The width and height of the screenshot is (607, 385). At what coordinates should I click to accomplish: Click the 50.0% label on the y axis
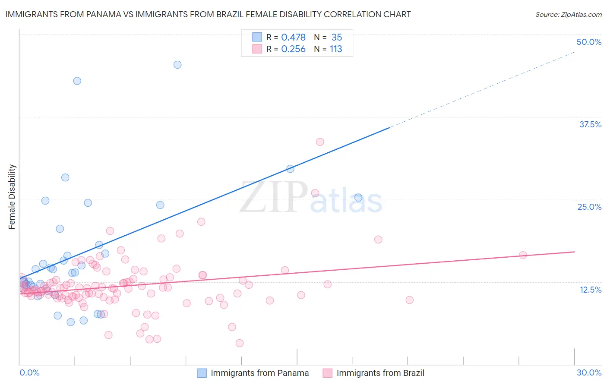(x=589, y=42)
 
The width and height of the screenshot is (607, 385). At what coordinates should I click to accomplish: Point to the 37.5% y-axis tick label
(x=590, y=124)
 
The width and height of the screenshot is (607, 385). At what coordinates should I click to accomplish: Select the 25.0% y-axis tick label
(x=589, y=207)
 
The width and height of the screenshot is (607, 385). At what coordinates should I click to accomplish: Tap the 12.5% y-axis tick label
(x=590, y=290)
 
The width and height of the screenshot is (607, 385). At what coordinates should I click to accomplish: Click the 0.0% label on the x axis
(x=29, y=372)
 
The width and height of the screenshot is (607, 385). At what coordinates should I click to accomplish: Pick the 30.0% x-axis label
(x=589, y=372)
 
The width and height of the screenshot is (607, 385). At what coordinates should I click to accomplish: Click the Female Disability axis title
(x=12, y=197)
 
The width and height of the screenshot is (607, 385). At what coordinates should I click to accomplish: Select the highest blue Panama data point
(x=177, y=65)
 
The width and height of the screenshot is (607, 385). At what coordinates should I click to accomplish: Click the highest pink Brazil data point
(x=320, y=142)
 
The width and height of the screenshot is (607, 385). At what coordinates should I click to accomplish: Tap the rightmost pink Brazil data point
(x=523, y=255)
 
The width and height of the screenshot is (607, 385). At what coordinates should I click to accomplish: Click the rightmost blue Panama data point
(x=358, y=198)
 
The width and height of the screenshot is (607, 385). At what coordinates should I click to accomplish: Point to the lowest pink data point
(x=240, y=343)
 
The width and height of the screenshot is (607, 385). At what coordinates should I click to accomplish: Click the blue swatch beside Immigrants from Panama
(x=202, y=373)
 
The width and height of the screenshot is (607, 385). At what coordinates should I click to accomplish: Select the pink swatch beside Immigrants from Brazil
(x=328, y=373)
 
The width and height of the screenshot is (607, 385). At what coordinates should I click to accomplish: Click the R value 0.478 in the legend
(x=293, y=38)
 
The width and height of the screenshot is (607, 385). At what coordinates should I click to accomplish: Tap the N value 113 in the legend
(x=336, y=49)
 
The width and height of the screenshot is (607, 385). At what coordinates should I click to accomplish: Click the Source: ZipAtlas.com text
(x=568, y=15)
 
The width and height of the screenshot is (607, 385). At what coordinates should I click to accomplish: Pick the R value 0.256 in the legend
(x=293, y=49)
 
